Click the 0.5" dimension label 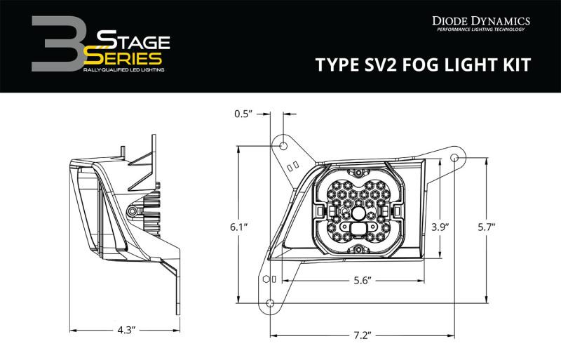tap(243, 113)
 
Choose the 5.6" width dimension tap(361, 279)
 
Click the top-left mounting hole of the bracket tap(284, 145)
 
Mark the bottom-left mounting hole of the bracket tap(269, 303)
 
